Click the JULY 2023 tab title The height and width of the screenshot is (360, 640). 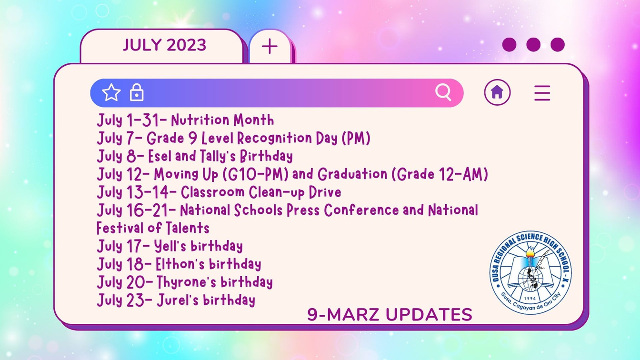165,45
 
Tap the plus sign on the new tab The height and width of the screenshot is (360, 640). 270,46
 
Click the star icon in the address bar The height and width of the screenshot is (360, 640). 111,92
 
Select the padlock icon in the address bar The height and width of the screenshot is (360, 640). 137,92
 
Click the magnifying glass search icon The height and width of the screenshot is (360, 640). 443,92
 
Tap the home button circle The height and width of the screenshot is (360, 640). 497,92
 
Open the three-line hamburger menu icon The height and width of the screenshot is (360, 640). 542,92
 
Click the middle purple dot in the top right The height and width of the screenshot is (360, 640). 533,45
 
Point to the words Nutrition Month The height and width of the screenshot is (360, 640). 222,120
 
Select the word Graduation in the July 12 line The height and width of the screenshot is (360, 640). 352,174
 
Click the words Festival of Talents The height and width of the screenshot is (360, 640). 153,228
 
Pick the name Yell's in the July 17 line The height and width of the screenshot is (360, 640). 170,246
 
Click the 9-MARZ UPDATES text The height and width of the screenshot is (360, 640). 390,315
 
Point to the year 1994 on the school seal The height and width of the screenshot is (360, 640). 530,298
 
